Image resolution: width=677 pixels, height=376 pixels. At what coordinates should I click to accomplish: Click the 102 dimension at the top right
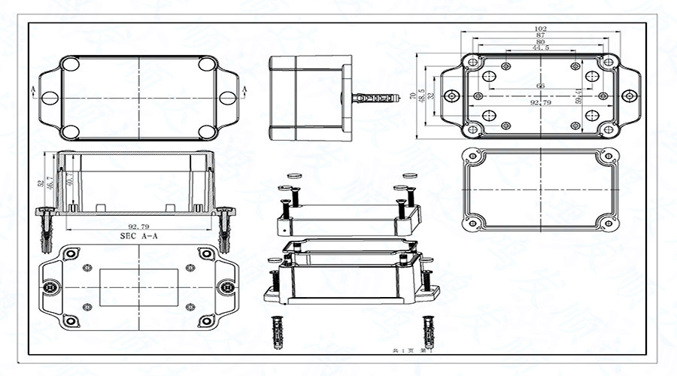coord(540,29)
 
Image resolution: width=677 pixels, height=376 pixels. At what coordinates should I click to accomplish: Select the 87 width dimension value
coord(540,36)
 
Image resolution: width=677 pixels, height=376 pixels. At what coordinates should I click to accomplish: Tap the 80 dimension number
coord(540,43)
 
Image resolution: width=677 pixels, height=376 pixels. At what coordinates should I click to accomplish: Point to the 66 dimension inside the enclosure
coord(540,86)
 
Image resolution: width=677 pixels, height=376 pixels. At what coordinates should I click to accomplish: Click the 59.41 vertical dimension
coord(578,96)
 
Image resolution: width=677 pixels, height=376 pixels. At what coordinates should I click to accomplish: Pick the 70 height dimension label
coord(412,96)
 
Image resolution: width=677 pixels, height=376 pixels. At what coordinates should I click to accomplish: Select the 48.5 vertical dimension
coord(421,96)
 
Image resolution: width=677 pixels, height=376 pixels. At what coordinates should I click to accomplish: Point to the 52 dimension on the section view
coord(40,183)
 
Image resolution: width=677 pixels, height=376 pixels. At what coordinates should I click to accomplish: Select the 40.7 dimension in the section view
coord(69,180)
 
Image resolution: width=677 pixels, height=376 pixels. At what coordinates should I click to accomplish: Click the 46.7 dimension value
coord(50,182)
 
